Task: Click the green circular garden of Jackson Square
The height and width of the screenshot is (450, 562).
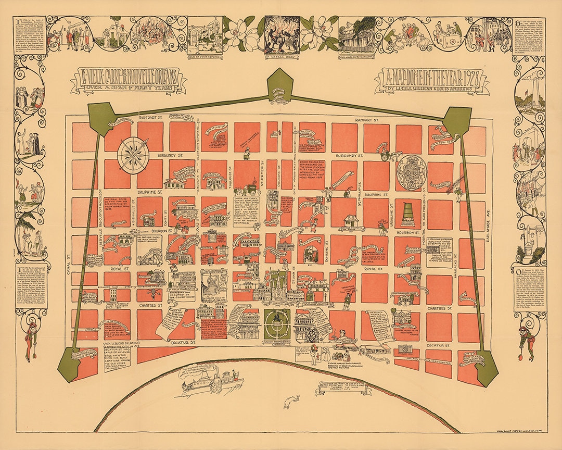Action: click(276, 324)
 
